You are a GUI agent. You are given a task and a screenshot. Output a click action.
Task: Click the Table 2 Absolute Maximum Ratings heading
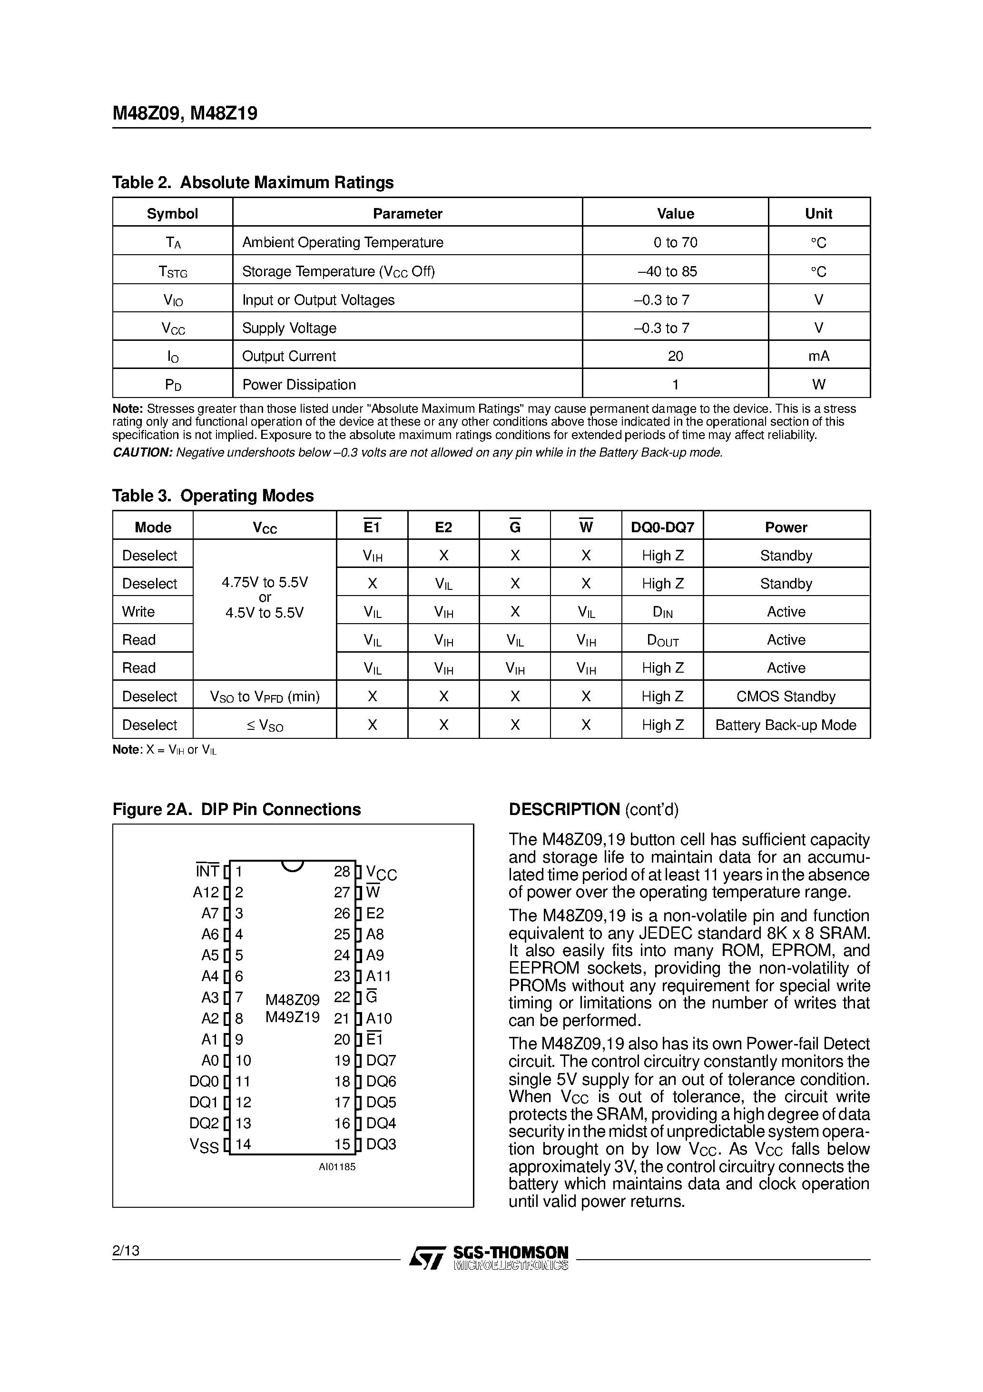tap(253, 182)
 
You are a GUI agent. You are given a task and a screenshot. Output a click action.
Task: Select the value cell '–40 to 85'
tap(675, 272)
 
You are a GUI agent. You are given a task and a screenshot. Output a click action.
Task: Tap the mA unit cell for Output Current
tap(818, 357)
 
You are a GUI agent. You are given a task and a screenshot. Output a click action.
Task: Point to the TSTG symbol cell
tap(173, 272)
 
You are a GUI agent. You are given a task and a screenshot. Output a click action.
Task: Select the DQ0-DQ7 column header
tap(662, 527)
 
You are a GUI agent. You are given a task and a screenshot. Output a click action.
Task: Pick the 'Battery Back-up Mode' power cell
tap(786, 725)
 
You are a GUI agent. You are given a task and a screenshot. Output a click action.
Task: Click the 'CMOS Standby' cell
tap(786, 696)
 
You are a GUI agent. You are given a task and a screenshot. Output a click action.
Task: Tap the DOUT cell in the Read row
tap(662, 640)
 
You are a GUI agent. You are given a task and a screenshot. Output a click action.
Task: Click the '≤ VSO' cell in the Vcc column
tap(265, 725)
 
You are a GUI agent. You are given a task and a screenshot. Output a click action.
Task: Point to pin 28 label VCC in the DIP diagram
tap(382, 874)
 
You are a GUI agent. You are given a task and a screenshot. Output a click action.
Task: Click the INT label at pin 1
tap(207, 872)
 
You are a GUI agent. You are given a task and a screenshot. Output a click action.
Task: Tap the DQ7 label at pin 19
tap(381, 1060)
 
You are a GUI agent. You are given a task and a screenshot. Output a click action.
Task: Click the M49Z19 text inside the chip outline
tap(292, 1017)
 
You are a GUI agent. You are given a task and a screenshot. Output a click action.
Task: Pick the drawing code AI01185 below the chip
tap(337, 1166)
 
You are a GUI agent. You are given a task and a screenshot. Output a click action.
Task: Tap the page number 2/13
tap(126, 1250)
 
